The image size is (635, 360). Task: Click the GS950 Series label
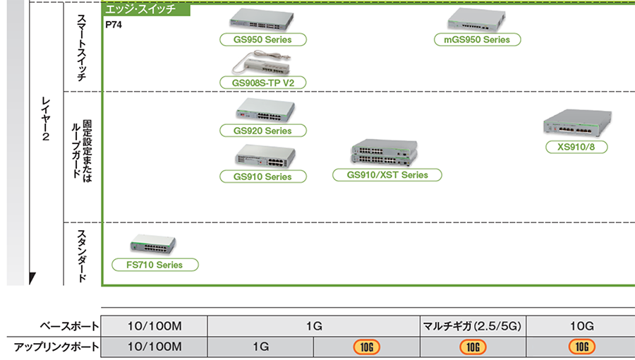[x=262, y=40]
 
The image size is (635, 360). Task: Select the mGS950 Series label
[x=476, y=40]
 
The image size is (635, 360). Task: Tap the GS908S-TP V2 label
[x=262, y=83]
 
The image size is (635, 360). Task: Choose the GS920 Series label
[x=262, y=131]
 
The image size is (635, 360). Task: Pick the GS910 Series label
[x=262, y=176]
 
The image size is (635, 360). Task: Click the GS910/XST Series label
[x=387, y=174]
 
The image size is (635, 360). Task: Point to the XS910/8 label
[x=576, y=148]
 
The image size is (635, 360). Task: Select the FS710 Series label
[x=155, y=265]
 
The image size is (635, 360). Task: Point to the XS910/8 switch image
[x=579, y=124]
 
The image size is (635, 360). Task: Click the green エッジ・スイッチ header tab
[x=146, y=10]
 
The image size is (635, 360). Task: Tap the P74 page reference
[x=112, y=25]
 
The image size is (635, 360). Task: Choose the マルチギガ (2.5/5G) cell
[x=473, y=325]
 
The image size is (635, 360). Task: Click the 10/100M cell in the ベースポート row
[x=155, y=325]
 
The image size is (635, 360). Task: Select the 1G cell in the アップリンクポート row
[x=260, y=347]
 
